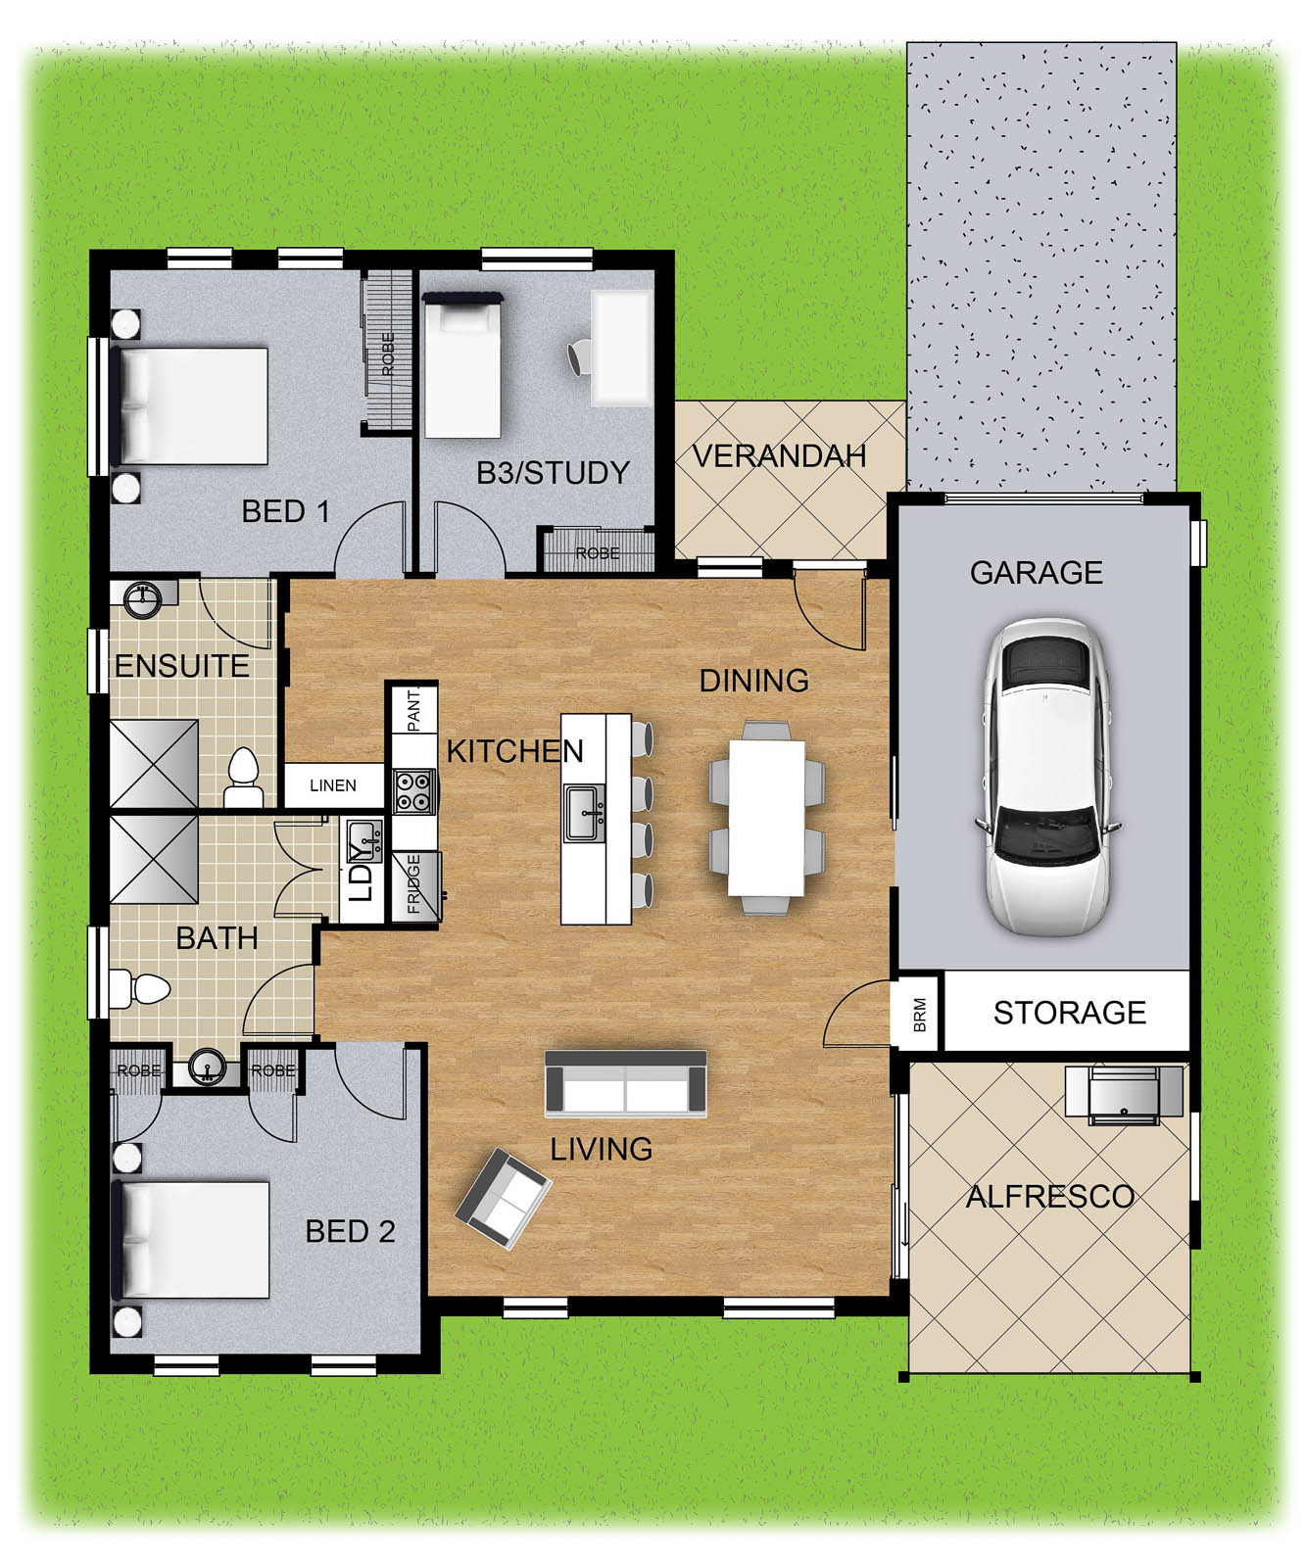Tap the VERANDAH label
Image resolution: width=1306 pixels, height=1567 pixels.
[x=780, y=455]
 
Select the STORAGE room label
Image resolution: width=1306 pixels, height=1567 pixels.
[x=1069, y=1012]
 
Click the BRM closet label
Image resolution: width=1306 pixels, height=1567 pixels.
[x=919, y=1015]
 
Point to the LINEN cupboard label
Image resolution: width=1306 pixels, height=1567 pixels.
[x=333, y=785]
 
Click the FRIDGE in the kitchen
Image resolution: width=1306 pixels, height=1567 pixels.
[x=415, y=885]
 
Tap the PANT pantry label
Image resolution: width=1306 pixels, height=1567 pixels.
[x=413, y=710]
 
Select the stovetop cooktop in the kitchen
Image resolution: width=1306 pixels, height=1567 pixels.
[x=413, y=791]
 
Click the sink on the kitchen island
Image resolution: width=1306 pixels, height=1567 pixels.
[x=584, y=813]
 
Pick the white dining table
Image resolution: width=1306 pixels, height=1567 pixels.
[x=766, y=817]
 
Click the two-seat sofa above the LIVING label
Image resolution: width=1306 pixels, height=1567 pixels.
[x=626, y=1083]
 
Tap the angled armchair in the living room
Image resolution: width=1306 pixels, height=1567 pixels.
[x=503, y=1197]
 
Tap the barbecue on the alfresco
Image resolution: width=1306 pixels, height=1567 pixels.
[x=1125, y=1092]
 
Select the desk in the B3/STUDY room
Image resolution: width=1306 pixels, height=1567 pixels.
[x=621, y=347]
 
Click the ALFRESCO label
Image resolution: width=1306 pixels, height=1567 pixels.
[x=1050, y=1196]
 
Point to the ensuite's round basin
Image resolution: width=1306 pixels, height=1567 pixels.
[x=144, y=597]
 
